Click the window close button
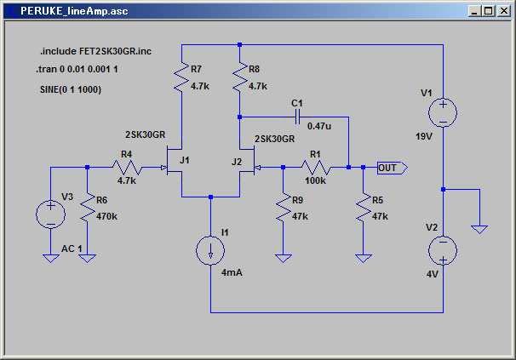pyautogui.click(x=504, y=11)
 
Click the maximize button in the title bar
pyautogui.click(x=489, y=11)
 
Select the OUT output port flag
pyautogui.click(x=393, y=168)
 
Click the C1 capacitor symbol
pyautogui.click(x=297, y=117)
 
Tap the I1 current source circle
pyautogui.click(x=210, y=250)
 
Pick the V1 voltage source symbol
pyautogui.click(x=443, y=112)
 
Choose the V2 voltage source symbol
pyautogui.click(x=443, y=250)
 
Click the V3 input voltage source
pyautogui.click(x=50, y=214)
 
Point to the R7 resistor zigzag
pyautogui.click(x=181, y=77)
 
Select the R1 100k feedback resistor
pyautogui.click(x=316, y=168)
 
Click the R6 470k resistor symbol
pyautogui.click(x=87, y=208)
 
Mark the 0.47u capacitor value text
pyautogui.click(x=318, y=126)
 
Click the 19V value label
pyautogui.click(x=424, y=136)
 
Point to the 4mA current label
pyautogui.click(x=232, y=273)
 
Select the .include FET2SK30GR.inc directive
pyautogui.click(x=95, y=51)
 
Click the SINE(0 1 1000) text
pyautogui.click(x=71, y=89)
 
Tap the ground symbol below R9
pyautogui.click(x=283, y=259)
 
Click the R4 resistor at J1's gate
pyautogui.click(x=127, y=168)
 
